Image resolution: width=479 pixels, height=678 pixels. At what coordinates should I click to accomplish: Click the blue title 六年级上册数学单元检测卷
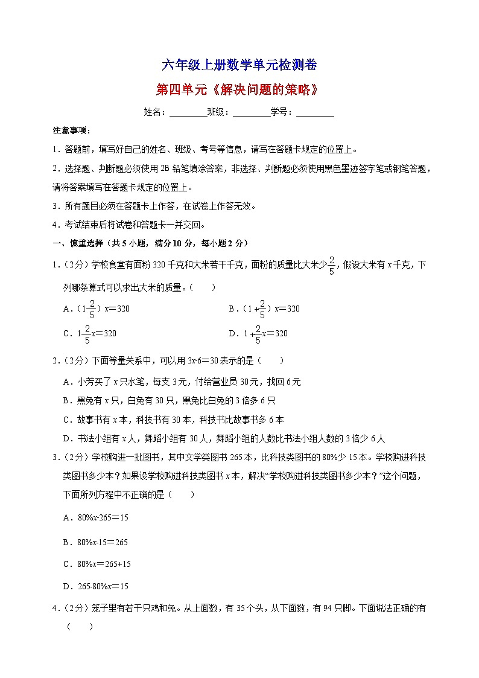click(240, 65)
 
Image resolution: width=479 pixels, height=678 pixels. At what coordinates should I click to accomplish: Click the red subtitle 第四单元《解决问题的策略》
click(236, 90)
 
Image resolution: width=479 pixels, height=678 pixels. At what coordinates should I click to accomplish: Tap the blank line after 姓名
click(188, 112)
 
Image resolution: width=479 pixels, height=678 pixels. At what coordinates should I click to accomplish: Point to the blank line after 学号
click(315, 112)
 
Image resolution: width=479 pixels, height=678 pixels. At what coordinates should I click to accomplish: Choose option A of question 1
click(97, 309)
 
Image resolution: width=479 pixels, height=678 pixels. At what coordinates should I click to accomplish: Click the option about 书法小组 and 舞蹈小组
click(223, 438)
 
